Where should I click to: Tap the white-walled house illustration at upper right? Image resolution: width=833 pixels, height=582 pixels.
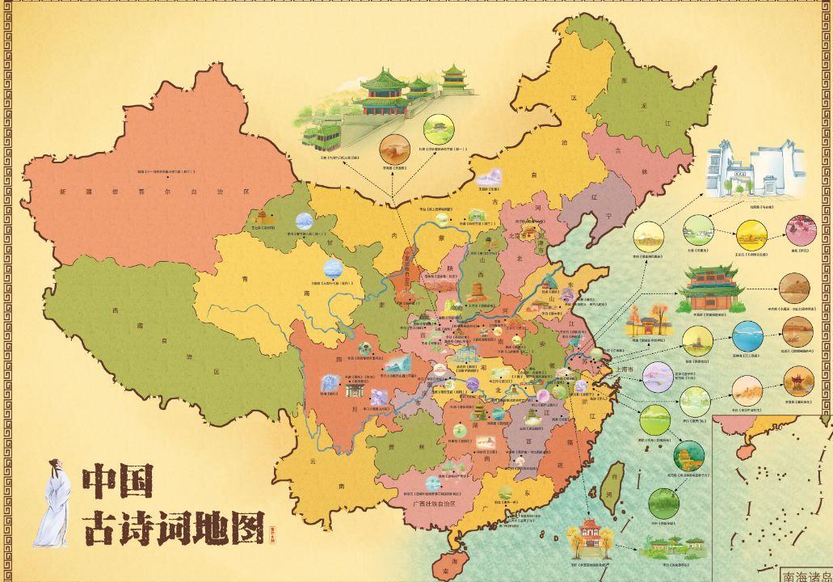(x=755, y=171)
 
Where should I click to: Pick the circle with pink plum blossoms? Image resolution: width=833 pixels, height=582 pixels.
(x=801, y=230)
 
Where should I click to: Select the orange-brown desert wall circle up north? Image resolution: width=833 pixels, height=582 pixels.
(x=393, y=151)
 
